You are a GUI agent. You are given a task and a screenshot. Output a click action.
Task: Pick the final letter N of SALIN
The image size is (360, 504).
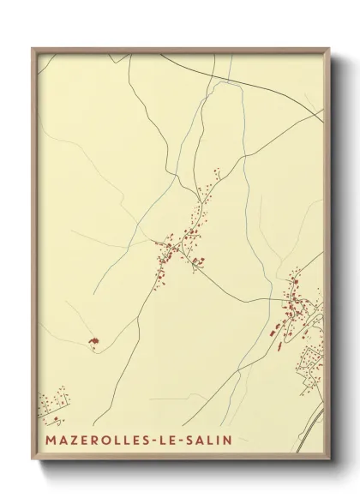(x=227, y=440)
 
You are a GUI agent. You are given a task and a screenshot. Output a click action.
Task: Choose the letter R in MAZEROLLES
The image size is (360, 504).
(x=93, y=440)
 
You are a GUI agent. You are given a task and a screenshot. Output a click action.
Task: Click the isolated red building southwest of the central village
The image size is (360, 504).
(x=91, y=343)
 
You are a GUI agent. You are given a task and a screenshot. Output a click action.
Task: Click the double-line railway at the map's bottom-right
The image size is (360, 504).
(x=317, y=420)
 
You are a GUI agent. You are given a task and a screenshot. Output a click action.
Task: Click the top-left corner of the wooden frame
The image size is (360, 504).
(x=33, y=49)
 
